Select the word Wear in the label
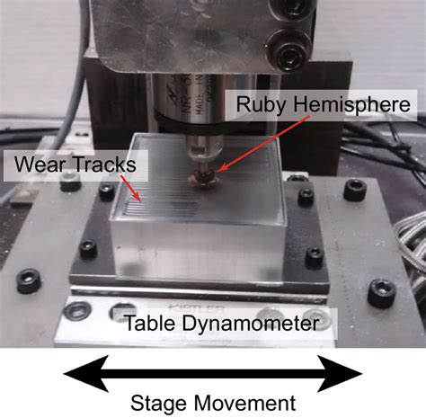point(37,165)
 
